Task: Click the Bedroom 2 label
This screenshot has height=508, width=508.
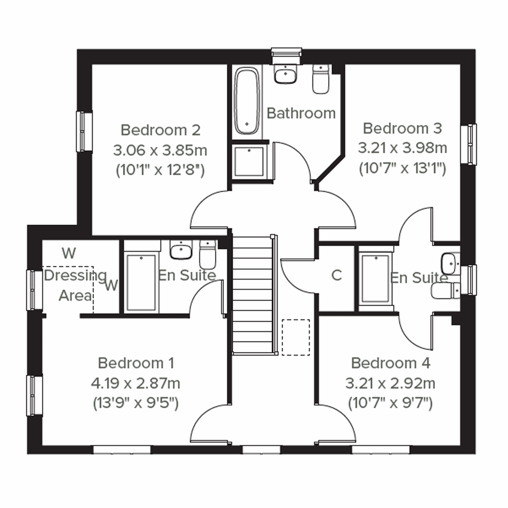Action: click(x=160, y=130)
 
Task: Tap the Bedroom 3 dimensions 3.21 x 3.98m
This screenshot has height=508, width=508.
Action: click(x=402, y=148)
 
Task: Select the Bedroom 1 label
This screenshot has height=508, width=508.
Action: click(x=135, y=363)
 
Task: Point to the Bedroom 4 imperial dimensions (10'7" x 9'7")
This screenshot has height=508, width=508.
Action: click(x=390, y=403)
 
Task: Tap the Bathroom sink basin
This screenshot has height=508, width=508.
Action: click(x=286, y=75)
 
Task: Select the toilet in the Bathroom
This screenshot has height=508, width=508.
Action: click(x=320, y=79)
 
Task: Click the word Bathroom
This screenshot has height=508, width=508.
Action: click(x=301, y=113)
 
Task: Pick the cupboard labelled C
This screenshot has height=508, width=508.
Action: click(x=337, y=276)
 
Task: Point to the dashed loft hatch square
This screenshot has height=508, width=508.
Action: click(x=296, y=337)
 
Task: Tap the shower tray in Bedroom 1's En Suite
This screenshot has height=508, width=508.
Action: click(x=141, y=283)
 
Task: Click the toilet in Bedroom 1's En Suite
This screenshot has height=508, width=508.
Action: click(x=207, y=254)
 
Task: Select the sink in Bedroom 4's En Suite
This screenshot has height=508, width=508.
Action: click(x=449, y=264)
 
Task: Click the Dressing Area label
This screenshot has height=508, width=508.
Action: click(x=75, y=285)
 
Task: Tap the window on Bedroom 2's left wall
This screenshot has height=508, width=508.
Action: click(x=84, y=131)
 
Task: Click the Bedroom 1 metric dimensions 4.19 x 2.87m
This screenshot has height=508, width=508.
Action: click(x=135, y=383)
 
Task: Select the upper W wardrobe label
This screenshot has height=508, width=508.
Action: click(x=69, y=253)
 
